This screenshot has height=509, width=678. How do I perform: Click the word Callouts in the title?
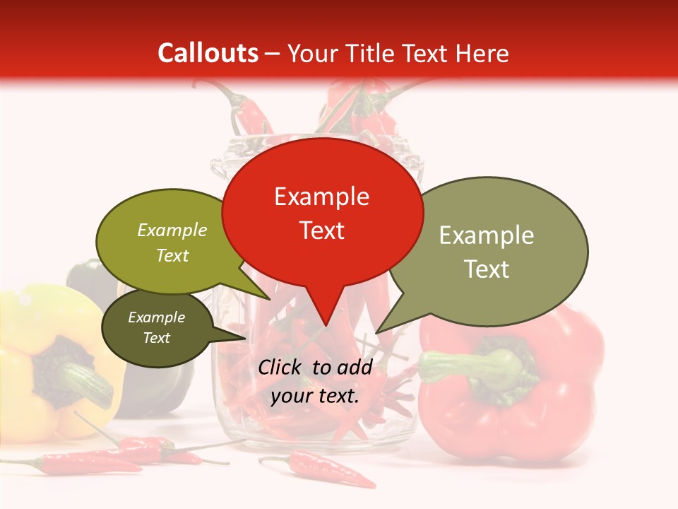coord(208,53)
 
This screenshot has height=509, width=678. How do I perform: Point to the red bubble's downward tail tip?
coord(325,325)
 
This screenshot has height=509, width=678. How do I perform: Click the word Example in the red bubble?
coord(321,197)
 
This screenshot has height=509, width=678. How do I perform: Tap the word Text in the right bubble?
coord(487,269)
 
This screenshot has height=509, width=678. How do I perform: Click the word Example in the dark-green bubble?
coord(156,317)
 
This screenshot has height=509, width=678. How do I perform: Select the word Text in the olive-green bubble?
coord(172,255)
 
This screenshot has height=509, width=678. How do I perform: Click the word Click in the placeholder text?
coord(281,367)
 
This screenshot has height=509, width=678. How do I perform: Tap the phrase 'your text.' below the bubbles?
coord(315,396)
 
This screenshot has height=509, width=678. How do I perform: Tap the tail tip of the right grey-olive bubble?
coord(377,332)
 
